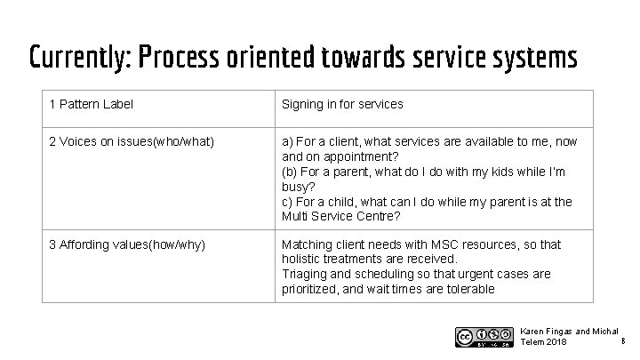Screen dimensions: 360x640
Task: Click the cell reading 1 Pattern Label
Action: point(91,104)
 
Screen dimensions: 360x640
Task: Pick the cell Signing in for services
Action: point(342,104)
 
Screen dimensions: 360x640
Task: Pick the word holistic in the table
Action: point(303,258)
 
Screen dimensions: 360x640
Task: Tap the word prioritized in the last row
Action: point(311,289)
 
